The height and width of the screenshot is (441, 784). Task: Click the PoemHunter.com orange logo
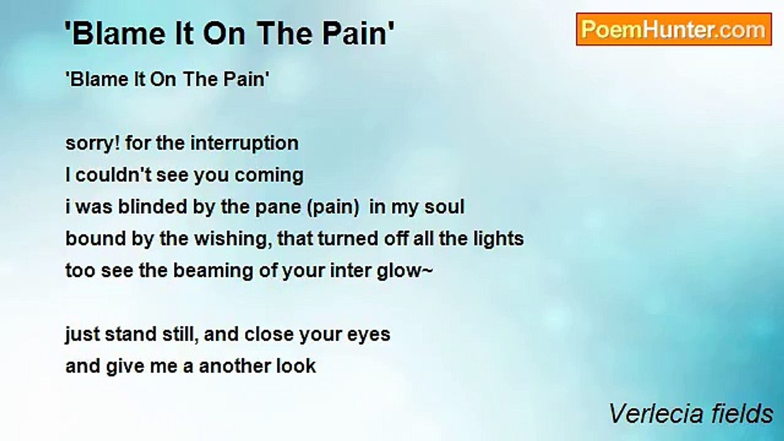674,29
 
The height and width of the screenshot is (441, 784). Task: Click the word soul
445,206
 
